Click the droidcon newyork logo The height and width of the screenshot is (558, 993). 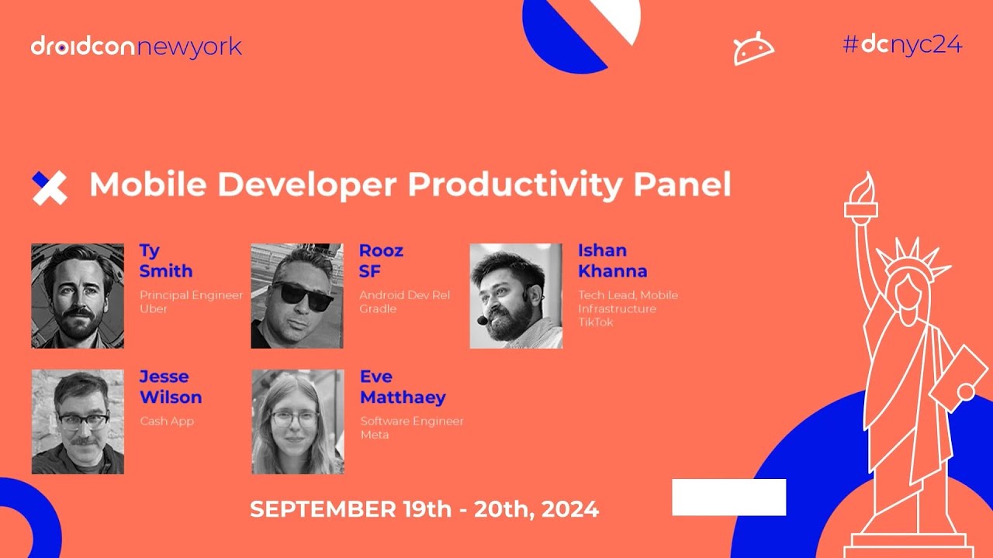(137, 47)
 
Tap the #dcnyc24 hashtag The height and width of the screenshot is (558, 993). (902, 45)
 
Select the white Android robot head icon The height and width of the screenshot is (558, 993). (753, 50)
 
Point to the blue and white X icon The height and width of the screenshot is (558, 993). (50, 188)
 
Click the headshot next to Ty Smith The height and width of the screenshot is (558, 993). (78, 295)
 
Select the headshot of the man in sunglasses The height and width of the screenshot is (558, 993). (297, 295)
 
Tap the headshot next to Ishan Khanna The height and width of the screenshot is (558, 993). (516, 295)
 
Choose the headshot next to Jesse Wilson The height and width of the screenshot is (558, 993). (78, 421)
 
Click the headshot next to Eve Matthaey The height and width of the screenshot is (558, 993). (297, 421)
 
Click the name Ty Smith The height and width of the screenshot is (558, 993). (165, 261)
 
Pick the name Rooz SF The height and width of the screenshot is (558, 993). (381, 261)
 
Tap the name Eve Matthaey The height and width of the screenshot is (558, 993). (403, 387)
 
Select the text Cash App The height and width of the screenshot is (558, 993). (167, 422)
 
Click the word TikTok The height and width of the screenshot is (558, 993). (595, 322)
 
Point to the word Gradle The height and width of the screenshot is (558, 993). (378, 309)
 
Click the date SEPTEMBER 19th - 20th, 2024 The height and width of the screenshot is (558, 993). (424, 509)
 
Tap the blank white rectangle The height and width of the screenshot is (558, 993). (728, 497)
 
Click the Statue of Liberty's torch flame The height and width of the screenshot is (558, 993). (863, 187)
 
